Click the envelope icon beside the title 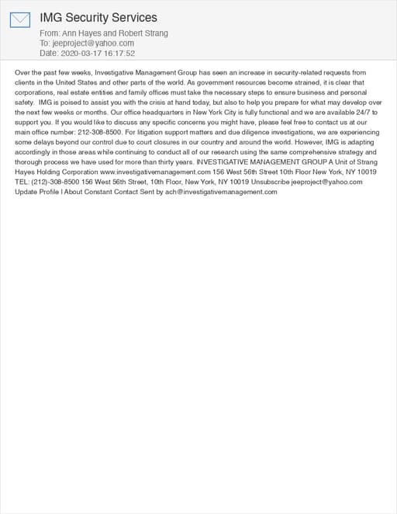coord(20,19)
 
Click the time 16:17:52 coord(118,54)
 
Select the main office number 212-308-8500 coord(99,132)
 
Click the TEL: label coord(23,182)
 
